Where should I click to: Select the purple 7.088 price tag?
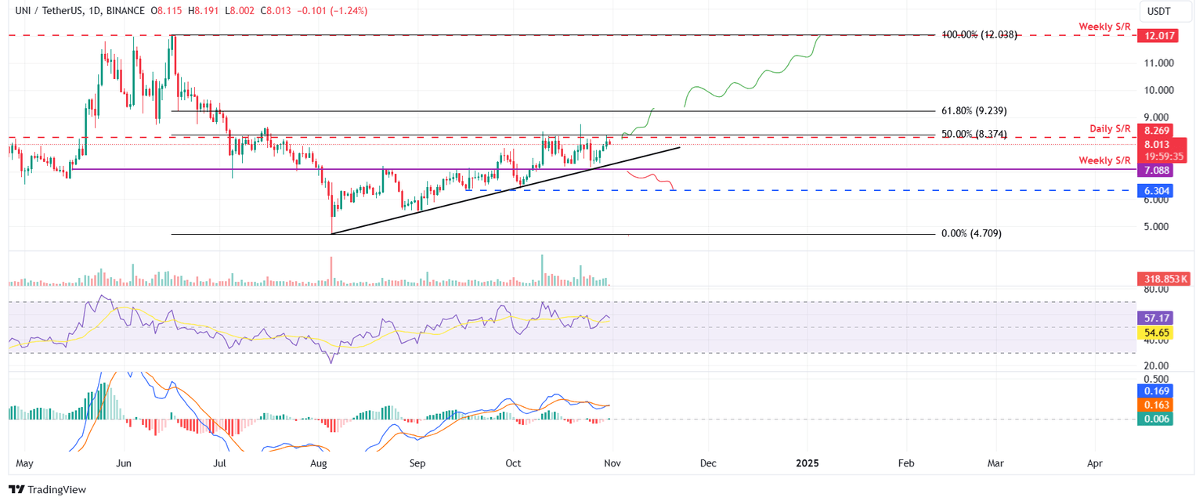(1155, 170)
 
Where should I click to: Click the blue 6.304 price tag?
(1155, 190)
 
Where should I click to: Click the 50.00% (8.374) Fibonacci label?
(974, 135)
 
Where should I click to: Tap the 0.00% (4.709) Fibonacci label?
(971, 233)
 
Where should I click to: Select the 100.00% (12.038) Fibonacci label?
(979, 34)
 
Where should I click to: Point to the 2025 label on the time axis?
(807, 464)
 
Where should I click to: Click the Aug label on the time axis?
(318, 464)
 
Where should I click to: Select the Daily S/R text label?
(1109, 128)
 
